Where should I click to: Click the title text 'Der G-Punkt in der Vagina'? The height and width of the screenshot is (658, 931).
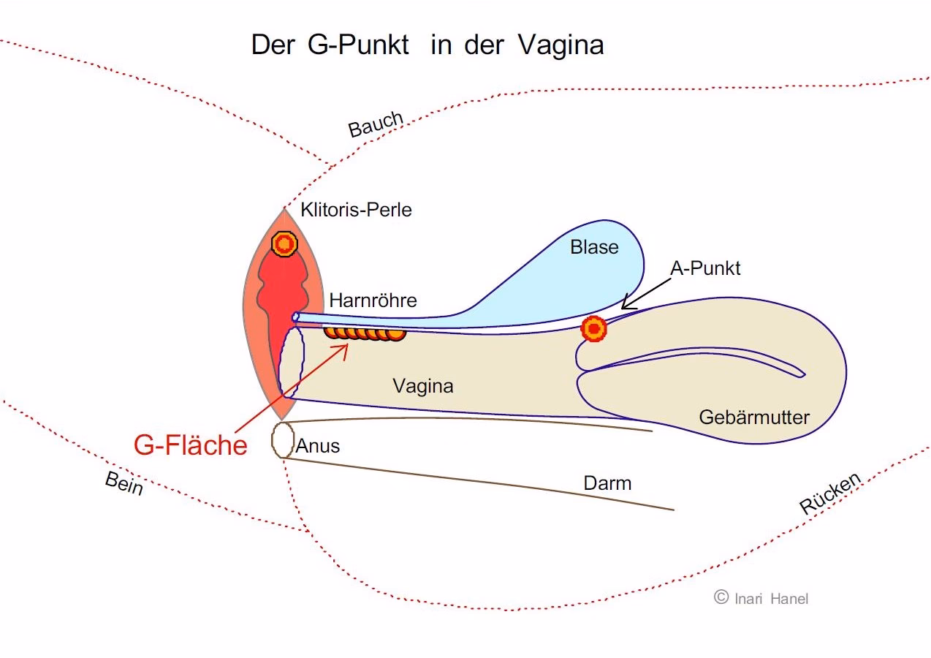[427, 45]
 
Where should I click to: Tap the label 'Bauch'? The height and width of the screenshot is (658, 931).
[376, 124]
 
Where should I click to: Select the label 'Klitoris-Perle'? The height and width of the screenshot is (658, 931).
[356, 211]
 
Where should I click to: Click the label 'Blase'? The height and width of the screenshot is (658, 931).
[594, 248]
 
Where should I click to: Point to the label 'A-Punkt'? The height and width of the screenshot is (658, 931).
[704, 268]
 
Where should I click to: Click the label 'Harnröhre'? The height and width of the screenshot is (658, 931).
[373, 300]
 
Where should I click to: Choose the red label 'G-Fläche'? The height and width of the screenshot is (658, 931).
[190, 445]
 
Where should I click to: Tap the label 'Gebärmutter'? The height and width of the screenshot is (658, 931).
[754, 417]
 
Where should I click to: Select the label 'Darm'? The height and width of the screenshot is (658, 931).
[607, 483]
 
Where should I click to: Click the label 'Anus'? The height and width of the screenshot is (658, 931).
[317, 446]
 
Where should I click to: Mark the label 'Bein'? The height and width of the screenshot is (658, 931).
[124, 483]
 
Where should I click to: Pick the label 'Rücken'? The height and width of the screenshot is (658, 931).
[830, 494]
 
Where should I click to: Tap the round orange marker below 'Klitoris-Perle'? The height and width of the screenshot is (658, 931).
[284, 243]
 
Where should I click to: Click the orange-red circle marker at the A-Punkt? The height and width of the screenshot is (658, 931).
[593, 329]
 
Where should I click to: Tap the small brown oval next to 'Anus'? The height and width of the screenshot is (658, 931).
[282, 440]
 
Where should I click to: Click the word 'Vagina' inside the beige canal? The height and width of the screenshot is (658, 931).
[422, 386]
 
